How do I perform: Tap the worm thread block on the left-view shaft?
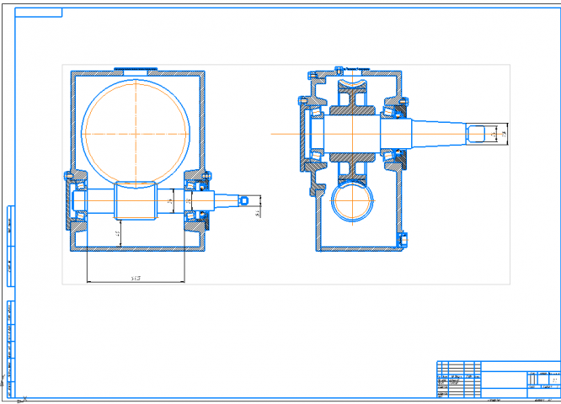point(135,202)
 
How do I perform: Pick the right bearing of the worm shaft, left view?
point(199,202)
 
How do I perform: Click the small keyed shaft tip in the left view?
point(244,202)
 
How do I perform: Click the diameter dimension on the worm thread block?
point(170,202)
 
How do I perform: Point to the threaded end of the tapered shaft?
point(482,133)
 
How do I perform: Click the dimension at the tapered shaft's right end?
point(503,133)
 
